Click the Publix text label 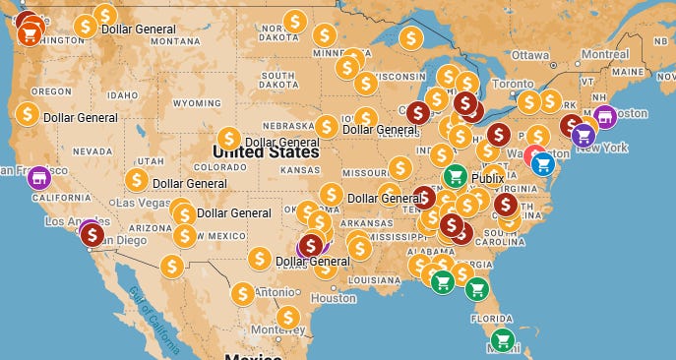click(x=487, y=178)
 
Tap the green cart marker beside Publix click(x=454, y=176)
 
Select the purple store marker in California click(x=38, y=177)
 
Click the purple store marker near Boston click(x=605, y=116)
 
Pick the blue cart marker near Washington click(x=542, y=164)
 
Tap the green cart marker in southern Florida click(x=502, y=340)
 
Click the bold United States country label click(x=266, y=152)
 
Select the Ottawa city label click(x=529, y=55)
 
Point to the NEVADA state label click(x=92, y=151)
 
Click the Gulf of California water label click(x=149, y=306)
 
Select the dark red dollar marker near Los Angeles click(x=92, y=234)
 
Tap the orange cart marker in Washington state click(x=30, y=34)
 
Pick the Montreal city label click(x=605, y=55)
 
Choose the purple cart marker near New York click(x=584, y=135)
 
